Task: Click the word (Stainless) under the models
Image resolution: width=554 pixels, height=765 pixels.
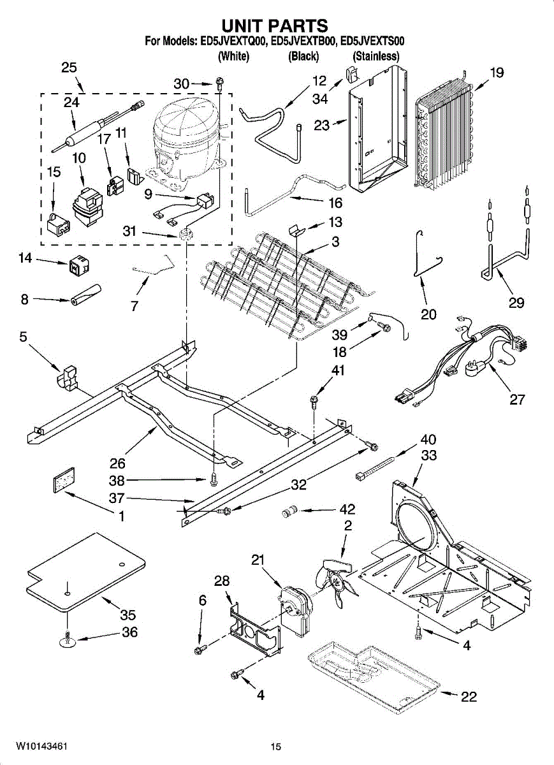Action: point(376,56)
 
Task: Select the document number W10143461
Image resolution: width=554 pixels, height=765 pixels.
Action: point(43,747)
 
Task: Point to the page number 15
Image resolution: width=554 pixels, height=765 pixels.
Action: point(275,747)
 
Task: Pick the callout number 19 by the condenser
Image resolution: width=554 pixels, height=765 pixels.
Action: point(497,73)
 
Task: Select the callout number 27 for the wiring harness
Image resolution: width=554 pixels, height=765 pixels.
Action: point(517,400)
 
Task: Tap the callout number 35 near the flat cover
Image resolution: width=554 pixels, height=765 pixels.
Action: point(128,615)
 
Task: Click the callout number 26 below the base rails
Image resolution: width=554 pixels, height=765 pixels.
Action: point(117,463)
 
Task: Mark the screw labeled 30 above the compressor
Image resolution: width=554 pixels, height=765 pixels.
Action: point(220,82)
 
